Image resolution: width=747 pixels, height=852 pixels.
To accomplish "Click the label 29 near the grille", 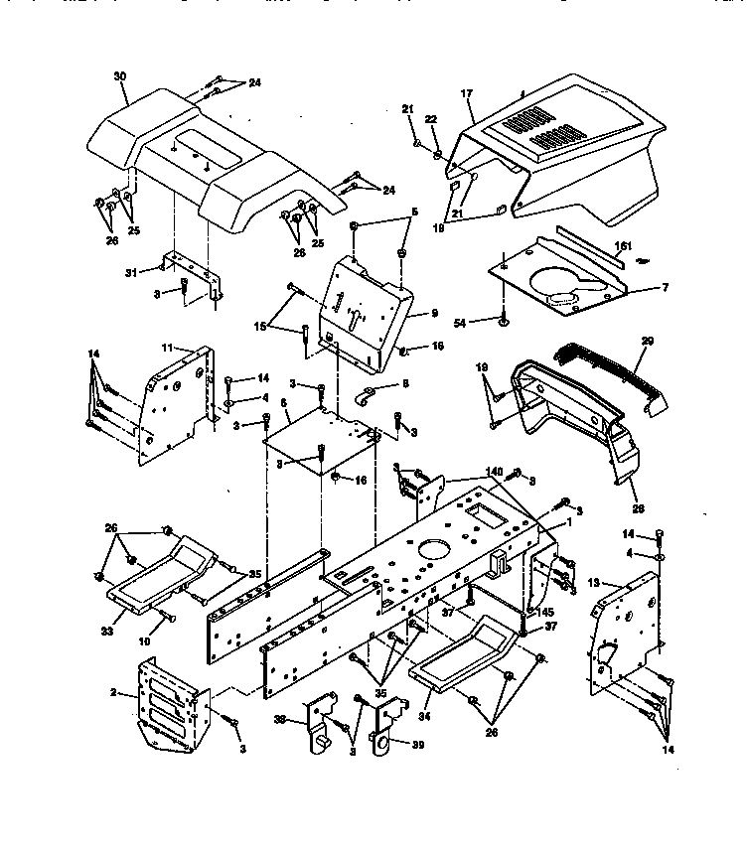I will click(x=648, y=342).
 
